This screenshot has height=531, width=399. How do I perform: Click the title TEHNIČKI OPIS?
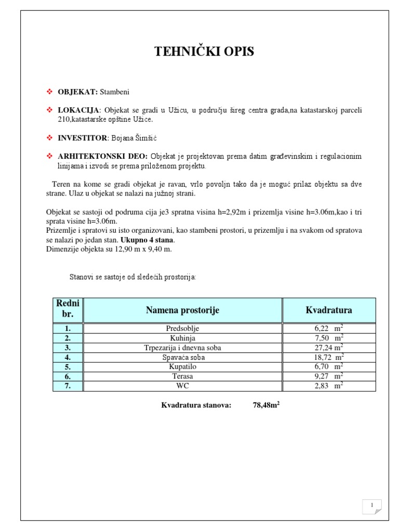(x=204, y=51)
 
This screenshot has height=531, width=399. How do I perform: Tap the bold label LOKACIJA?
(x=79, y=110)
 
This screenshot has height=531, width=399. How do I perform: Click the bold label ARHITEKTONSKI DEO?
(x=102, y=157)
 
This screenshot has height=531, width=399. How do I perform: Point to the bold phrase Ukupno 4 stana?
(x=148, y=240)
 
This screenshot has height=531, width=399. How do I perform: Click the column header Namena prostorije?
(x=182, y=310)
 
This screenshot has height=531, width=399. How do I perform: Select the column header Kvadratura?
(x=328, y=310)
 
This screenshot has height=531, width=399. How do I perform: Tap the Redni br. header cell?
(x=68, y=310)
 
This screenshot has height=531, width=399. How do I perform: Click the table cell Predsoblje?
(x=182, y=328)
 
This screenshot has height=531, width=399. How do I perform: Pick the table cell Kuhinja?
(x=182, y=338)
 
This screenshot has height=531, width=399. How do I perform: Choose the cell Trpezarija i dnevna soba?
(x=182, y=347)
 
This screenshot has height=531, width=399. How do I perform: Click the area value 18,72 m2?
(x=328, y=357)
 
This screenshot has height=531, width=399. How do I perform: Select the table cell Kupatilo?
(x=182, y=367)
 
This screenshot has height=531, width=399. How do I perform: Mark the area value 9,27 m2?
(x=328, y=376)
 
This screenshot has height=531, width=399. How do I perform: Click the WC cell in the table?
(x=182, y=386)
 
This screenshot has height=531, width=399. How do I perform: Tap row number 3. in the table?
(x=68, y=347)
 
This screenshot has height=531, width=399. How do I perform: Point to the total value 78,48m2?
(x=266, y=406)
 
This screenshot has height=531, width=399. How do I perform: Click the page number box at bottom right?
(x=371, y=506)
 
